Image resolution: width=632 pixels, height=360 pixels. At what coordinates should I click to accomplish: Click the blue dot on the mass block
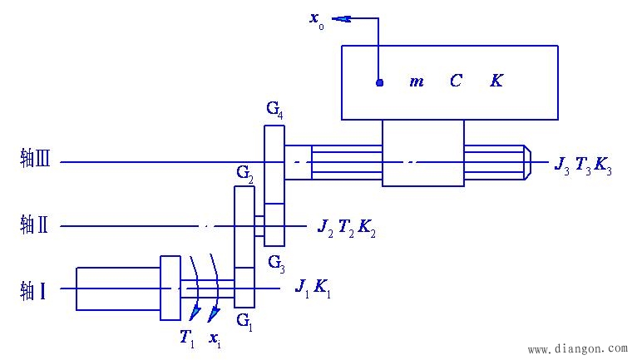coord(379,82)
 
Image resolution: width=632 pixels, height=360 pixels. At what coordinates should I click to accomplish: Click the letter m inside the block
coord(417,81)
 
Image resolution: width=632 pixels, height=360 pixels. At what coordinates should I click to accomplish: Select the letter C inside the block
coord(457,81)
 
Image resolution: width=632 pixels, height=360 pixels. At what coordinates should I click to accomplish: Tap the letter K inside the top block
coord(496,81)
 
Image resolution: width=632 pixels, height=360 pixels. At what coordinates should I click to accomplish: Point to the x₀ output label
coord(317,19)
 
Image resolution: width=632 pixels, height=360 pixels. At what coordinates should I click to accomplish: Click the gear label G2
coord(245,173)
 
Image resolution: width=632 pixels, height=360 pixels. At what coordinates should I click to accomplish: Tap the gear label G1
coord(244,320)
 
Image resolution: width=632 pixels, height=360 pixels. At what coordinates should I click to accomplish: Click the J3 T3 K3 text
coord(584,165)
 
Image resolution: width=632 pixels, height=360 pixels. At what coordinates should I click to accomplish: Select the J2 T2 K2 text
coord(347,227)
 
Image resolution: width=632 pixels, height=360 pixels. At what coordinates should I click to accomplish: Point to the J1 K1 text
coord(313,288)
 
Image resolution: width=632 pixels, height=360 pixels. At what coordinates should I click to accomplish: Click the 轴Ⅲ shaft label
coord(36,159)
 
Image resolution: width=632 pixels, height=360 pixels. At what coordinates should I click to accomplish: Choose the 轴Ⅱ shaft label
coord(35,224)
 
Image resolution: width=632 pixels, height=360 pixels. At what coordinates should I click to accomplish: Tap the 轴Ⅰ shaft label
coord(32,290)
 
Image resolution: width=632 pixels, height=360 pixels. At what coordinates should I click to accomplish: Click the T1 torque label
coord(188,338)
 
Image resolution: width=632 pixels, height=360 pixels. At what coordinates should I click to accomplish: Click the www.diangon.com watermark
coord(578,350)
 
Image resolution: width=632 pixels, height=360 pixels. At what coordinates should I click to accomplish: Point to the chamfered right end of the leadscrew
coord(526,162)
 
